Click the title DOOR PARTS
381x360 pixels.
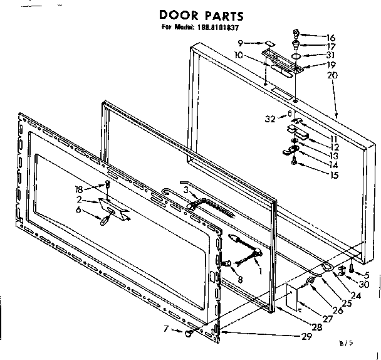coord(192,14)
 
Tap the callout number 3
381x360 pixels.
coord(185,189)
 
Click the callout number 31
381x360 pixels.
coord(331,55)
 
